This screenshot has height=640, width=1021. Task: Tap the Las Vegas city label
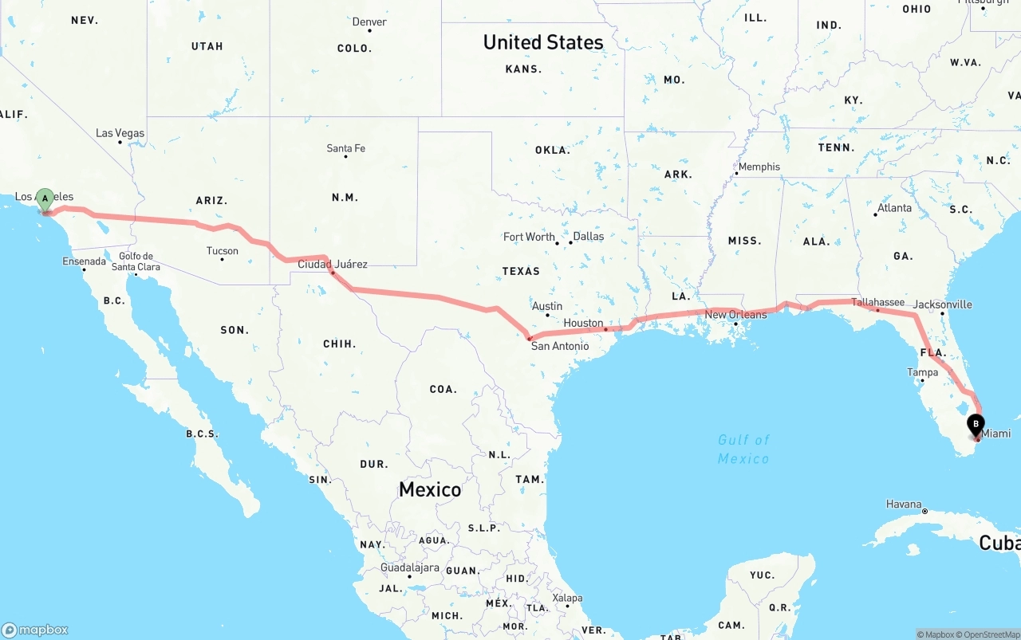tap(120, 133)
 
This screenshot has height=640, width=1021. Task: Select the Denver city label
tap(369, 22)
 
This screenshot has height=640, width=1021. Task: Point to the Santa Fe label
tap(345, 148)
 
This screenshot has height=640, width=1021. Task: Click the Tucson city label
tap(222, 251)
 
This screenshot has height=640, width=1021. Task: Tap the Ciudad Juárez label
tap(333, 264)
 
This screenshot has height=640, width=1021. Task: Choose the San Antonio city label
tap(560, 346)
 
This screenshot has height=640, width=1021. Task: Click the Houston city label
tap(583, 323)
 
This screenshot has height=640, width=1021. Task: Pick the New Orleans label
tap(735, 315)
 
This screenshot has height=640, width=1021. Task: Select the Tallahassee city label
tap(877, 302)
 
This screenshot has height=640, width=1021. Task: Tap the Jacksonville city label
tap(942, 304)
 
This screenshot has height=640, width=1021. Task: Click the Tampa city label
tap(922, 372)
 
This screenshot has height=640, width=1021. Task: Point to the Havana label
tap(904, 505)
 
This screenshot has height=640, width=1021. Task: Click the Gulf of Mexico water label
tap(743, 450)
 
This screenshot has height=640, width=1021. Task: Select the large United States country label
tap(543, 42)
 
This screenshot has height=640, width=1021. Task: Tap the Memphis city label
tap(759, 167)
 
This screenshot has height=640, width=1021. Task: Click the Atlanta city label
tap(894, 208)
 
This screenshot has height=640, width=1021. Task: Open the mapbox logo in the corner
tap(35, 630)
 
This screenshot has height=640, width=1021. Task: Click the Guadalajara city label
tap(410, 567)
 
